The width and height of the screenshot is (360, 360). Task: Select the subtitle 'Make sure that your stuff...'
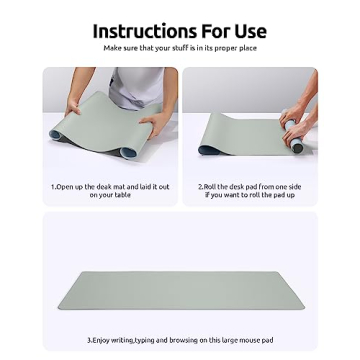pos(179,47)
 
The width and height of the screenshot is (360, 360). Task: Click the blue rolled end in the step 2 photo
pos(297,147)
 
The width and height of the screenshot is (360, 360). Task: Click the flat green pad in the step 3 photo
pos(180,289)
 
